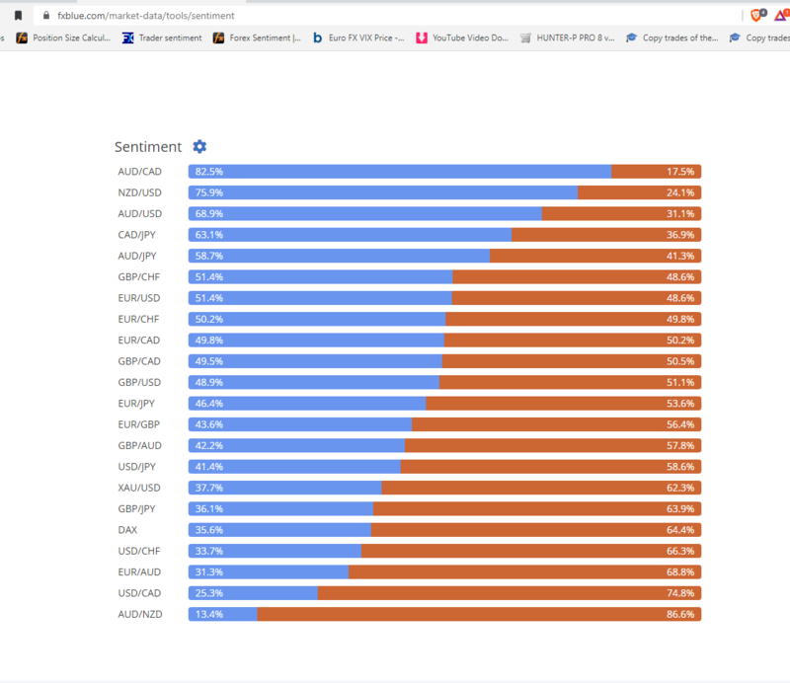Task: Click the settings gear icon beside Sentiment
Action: [x=199, y=146]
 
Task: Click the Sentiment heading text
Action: [x=148, y=147]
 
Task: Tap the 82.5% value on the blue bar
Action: [x=208, y=172]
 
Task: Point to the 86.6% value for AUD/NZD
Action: [x=680, y=614]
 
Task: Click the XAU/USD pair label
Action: [x=138, y=488]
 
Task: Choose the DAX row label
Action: [x=127, y=530]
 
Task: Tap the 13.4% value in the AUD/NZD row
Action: [x=208, y=614]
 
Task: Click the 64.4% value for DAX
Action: [x=680, y=530]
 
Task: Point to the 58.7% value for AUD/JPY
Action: [x=208, y=256]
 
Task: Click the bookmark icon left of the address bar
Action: [x=18, y=16]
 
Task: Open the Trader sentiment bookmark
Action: [x=162, y=38]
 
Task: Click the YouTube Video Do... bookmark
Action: [x=462, y=38]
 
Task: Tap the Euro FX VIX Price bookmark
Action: [x=357, y=38]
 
